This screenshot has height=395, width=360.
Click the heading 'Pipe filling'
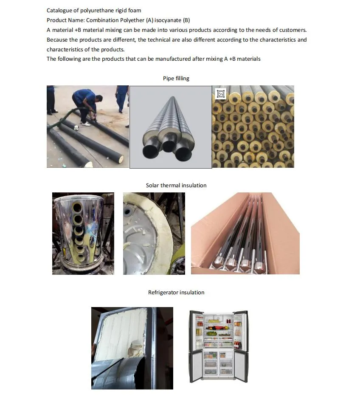click(x=176, y=78)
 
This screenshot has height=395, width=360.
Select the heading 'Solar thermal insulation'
click(x=176, y=185)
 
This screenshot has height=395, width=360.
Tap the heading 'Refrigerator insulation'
click(x=176, y=292)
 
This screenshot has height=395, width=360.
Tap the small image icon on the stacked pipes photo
click(x=220, y=93)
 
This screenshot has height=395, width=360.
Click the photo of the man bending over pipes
click(x=87, y=127)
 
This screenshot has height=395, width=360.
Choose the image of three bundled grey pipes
click(x=170, y=127)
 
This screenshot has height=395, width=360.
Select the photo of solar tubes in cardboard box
click(x=245, y=233)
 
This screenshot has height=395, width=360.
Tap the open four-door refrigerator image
click(x=218, y=345)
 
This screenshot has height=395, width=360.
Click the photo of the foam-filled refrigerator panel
click(x=132, y=348)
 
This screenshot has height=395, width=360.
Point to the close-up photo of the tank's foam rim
click(x=154, y=233)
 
